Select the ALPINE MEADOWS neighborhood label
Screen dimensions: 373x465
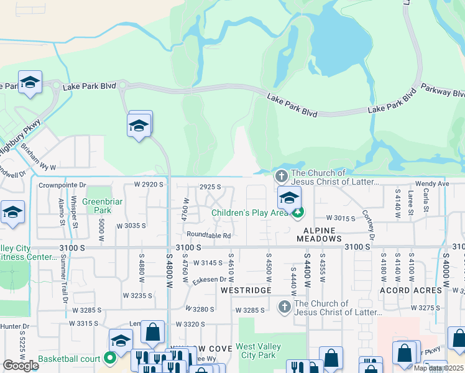(316, 234)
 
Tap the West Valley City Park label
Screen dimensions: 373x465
(258, 351)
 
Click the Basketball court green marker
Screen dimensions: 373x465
(110, 357)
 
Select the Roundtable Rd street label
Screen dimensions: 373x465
(209, 236)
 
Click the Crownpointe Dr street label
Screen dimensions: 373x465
(62, 185)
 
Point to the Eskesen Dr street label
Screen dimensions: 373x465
(213, 280)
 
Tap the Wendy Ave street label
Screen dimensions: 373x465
(432, 184)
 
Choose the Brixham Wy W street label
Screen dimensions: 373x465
(38, 160)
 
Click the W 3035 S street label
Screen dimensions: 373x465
(131, 226)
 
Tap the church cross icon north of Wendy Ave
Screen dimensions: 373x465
(281, 177)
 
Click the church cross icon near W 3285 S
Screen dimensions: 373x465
(284, 307)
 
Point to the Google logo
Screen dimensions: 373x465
(21, 366)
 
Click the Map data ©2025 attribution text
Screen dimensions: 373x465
(439, 368)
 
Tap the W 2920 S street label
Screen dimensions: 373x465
(149, 185)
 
